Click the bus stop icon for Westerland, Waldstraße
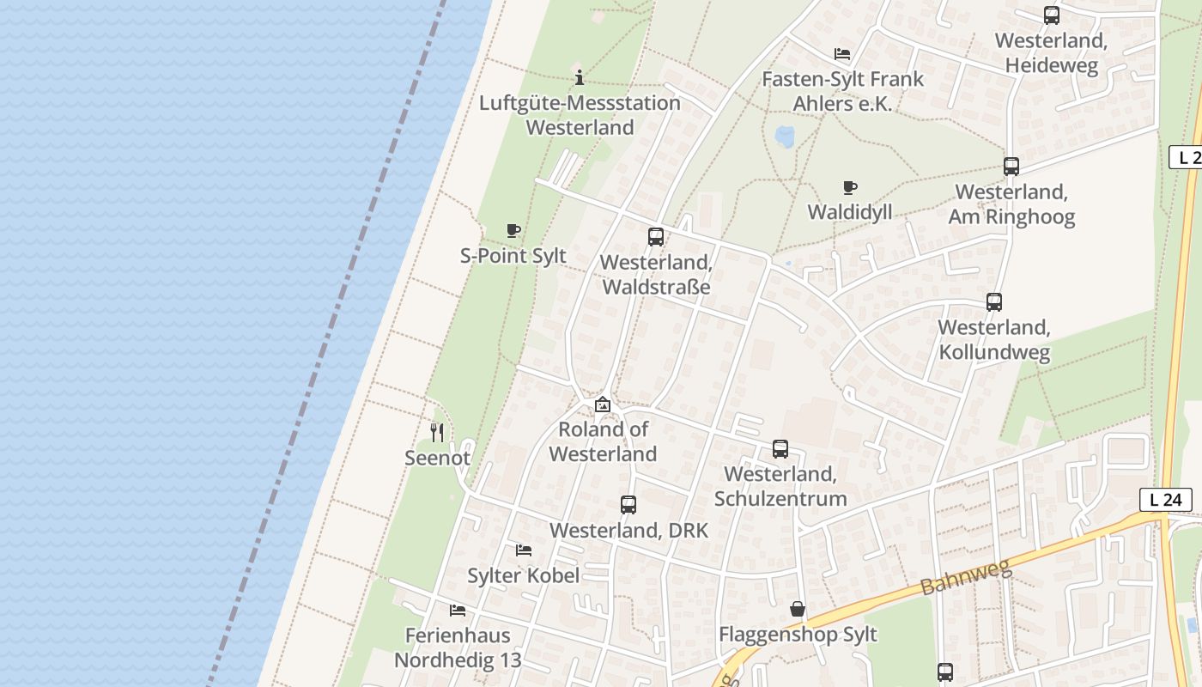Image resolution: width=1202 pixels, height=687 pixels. pyautogui.click(x=656, y=237)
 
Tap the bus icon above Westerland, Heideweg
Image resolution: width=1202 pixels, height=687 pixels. pyautogui.click(x=1052, y=15)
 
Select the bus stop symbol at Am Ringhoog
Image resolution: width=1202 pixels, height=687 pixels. pyautogui.click(x=1011, y=167)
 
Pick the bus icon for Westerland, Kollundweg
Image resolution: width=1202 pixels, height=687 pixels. pyautogui.click(x=994, y=302)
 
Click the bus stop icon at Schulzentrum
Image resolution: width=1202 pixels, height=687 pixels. pyautogui.click(x=780, y=449)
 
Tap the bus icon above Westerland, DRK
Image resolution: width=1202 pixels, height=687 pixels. pyautogui.click(x=628, y=505)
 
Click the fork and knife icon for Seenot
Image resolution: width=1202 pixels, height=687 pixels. pyautogui.click(x=437, y=432)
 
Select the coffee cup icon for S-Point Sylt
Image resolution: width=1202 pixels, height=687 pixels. pyautogui.click(x=513, y=230)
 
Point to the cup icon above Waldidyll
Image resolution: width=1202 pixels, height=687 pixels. pyautogui.click(x=850, y=187)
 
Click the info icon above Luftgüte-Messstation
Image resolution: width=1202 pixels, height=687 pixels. pyautogui.click(x=580, y=77)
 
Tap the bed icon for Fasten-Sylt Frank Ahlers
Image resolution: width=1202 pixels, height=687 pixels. pyautogui.click(x=842, y=53)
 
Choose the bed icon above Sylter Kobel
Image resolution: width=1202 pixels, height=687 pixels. pyautogui.click(x=524, y=550)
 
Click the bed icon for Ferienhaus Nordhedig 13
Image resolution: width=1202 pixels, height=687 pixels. pyautogui.click(x=458, y=611)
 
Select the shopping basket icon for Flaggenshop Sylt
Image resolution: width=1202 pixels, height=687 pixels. pyautogui.click(x=798, y=609)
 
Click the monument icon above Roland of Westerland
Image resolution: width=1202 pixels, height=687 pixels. pyautogui.click(x=603, y=404)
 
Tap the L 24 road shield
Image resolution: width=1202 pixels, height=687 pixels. pyautogui.click(x=1166, y=499)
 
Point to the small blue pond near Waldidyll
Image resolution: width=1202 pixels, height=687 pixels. pyautogui.click(x=784, y=136)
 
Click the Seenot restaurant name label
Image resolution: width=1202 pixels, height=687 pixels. pyautogui.click(x=438, y=458)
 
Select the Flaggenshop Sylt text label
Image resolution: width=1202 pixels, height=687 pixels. pyautogui.click(x=798, y=635)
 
